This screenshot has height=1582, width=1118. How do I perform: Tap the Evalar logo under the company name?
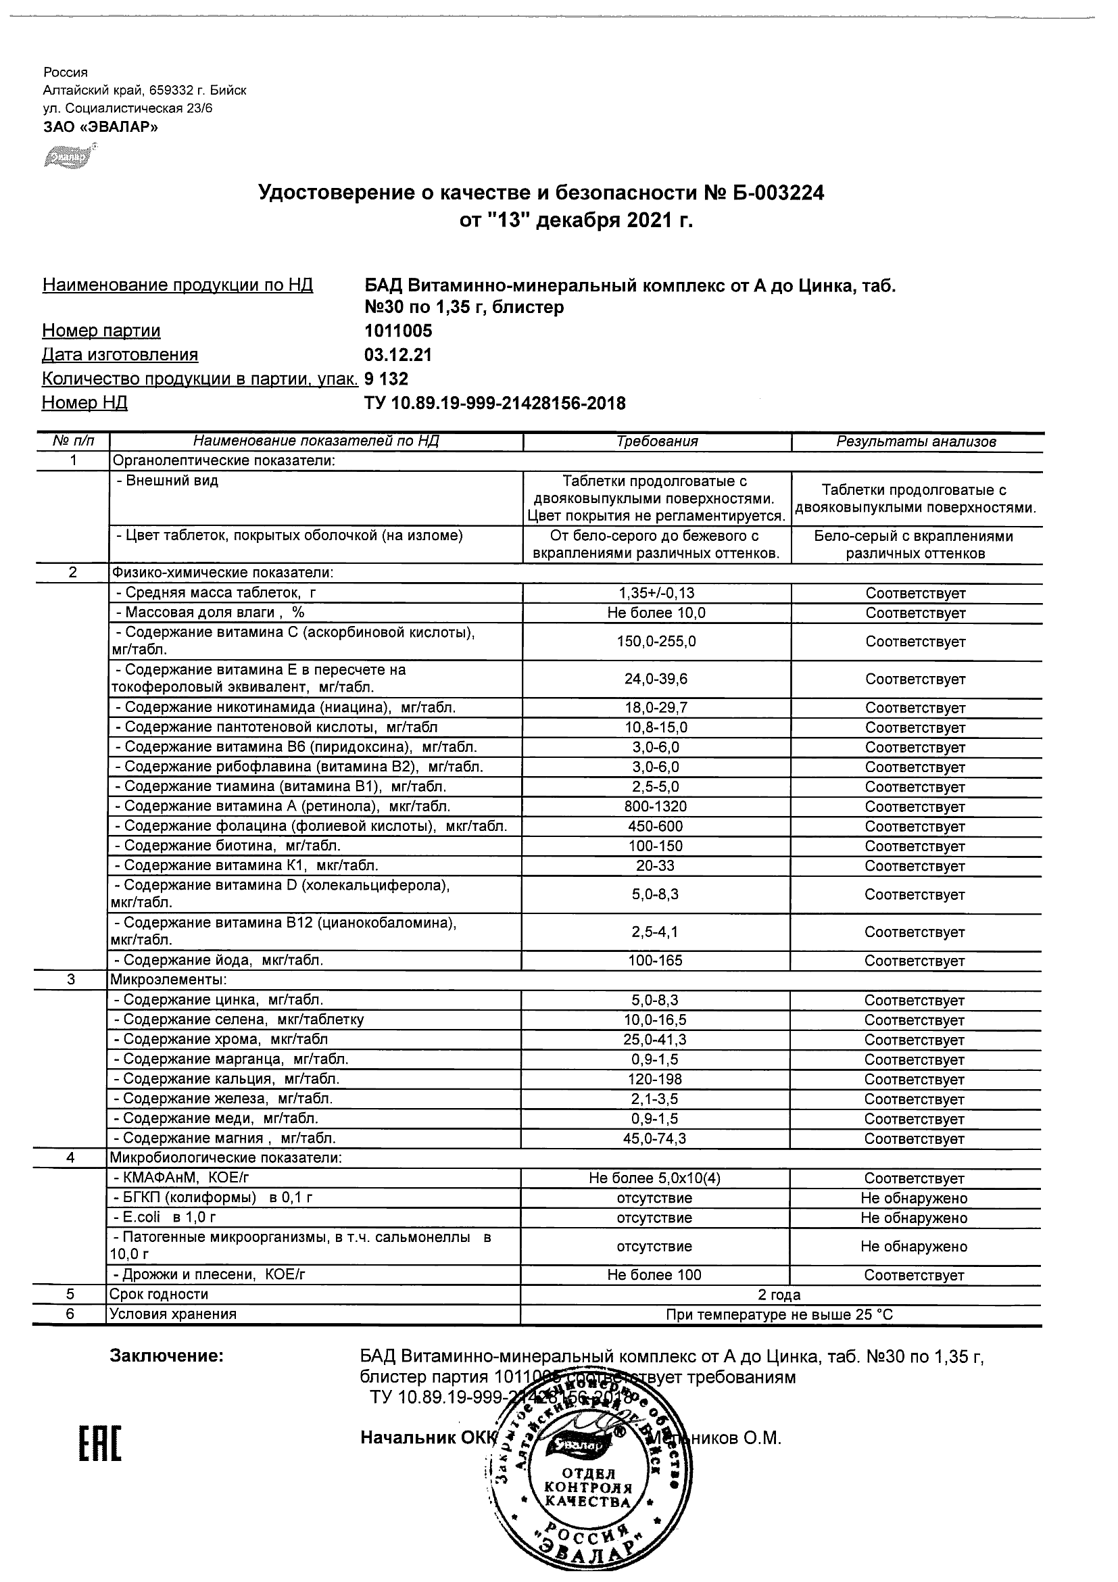click(69, 158)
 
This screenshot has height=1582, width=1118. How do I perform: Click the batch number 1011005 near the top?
click(398, 331)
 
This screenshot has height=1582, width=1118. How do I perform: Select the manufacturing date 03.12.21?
click(398, 355)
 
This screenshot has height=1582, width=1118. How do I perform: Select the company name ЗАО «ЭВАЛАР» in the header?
click(101, 127)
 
